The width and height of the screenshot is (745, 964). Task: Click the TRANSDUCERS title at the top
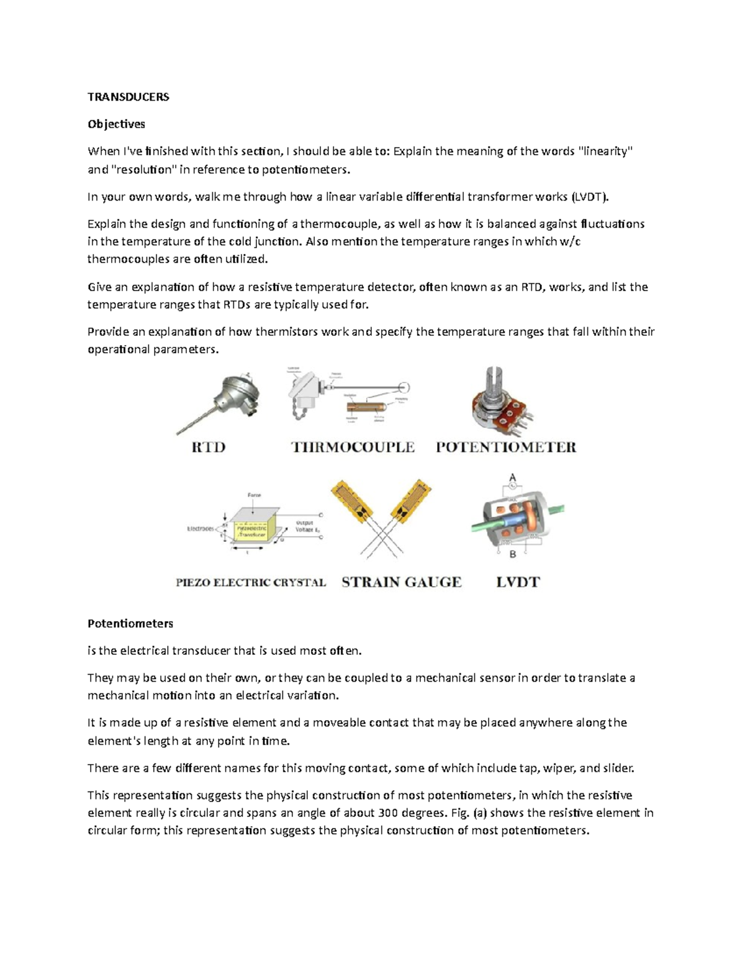click(x=128, y=97)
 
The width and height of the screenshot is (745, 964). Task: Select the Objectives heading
click(x=116, y=124)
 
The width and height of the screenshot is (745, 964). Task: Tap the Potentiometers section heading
click(x=130, y=623)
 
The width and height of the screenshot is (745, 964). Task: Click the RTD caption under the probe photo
click(x=208, y=448)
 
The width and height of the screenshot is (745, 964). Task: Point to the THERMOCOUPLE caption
click(x=353, y=448)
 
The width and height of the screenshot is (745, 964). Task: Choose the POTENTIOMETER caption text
click(x=506, y=448)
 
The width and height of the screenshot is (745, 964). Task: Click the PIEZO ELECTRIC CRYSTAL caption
click(x=251, y=583)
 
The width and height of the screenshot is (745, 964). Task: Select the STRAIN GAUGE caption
click(x=402, y=582)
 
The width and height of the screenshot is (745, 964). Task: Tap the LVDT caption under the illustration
click(x=518, y=582)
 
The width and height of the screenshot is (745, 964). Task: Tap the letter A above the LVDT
click(x=513, y=477)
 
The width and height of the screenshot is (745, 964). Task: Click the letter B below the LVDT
click(x=513, y=554)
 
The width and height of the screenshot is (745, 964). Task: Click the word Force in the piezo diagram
click(x=255, y=495)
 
